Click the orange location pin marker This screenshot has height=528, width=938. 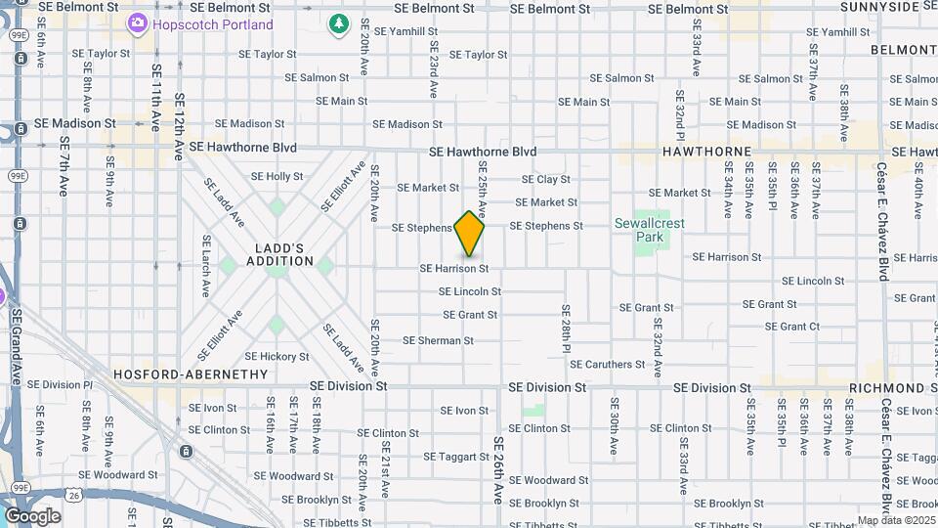[469, 234]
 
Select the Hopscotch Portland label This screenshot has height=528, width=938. [212, 22]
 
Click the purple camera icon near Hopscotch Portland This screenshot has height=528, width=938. [138, 22]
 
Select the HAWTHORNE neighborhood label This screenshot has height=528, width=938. [706, 152]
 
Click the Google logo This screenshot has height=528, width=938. [32, 515]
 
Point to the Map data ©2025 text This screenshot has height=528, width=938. [897, 520]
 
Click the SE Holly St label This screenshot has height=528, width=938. [277, 176]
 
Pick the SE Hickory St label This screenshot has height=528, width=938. [277, 357]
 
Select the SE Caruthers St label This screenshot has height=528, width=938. [607, 364]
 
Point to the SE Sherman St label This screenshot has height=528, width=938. [438, 340]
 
